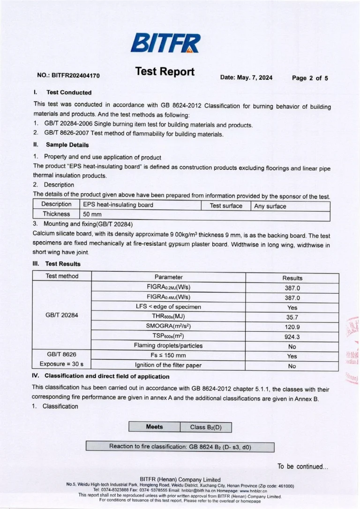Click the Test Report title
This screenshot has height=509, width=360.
(x=165, y=71)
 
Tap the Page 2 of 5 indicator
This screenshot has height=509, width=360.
(x=310, y=78)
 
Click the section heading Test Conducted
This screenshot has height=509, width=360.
(x=68, y=92)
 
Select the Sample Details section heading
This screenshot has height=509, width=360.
(x=67, y=145)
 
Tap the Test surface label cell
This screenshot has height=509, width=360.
(x=226, y=205)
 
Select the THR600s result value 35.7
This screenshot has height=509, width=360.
(x=292, y=317)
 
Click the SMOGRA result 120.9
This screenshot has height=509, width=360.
(x=292, y=327)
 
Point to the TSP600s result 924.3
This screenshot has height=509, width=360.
(x=292, y=337)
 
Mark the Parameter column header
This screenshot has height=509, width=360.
(x=168, y=277)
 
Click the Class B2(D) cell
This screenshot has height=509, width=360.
(x=205, y=427)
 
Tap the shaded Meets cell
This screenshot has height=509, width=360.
(x=154, y=427)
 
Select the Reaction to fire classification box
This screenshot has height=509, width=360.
(x=180, y=447)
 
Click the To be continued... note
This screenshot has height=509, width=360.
(x=303, y=466)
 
